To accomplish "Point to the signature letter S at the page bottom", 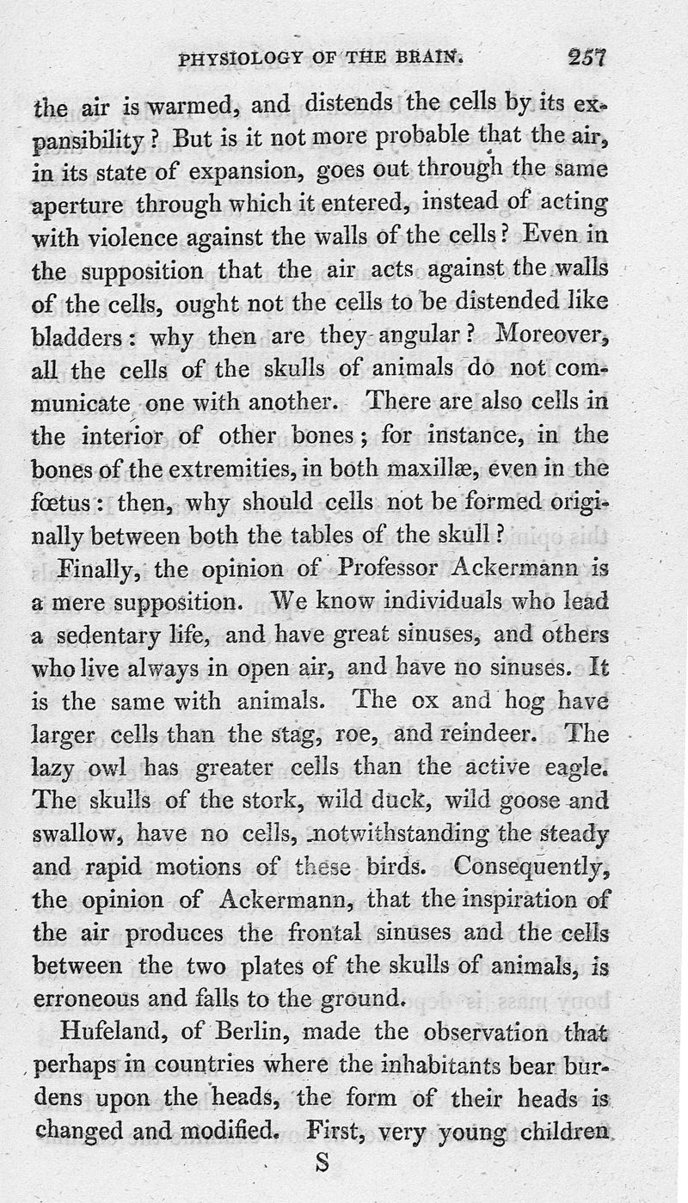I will pos(323,1163).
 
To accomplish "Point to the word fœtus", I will pos(62,503).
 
